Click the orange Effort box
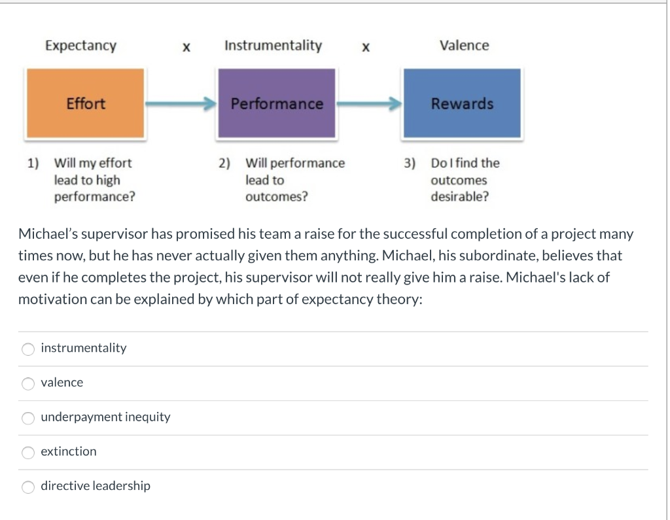(x=85, y=103)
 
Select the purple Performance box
(x=276, y=103)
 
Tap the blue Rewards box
(x=462, y=103)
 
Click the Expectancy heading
(x=80, y=46)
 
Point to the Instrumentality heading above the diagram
(x=273, y=46)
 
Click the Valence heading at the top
(x=464, y=46)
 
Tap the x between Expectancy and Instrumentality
(x=186, y=47)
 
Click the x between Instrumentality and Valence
(x=366, y=47)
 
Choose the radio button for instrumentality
(x=28, y=349)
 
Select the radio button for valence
(x=28, y=384)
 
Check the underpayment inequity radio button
(x=28, y=418)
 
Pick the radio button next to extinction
(x=28, y=453)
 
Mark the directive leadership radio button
(x=28, y=487)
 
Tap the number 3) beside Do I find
(x=410, y=163)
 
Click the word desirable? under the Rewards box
(x=459, y=196)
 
